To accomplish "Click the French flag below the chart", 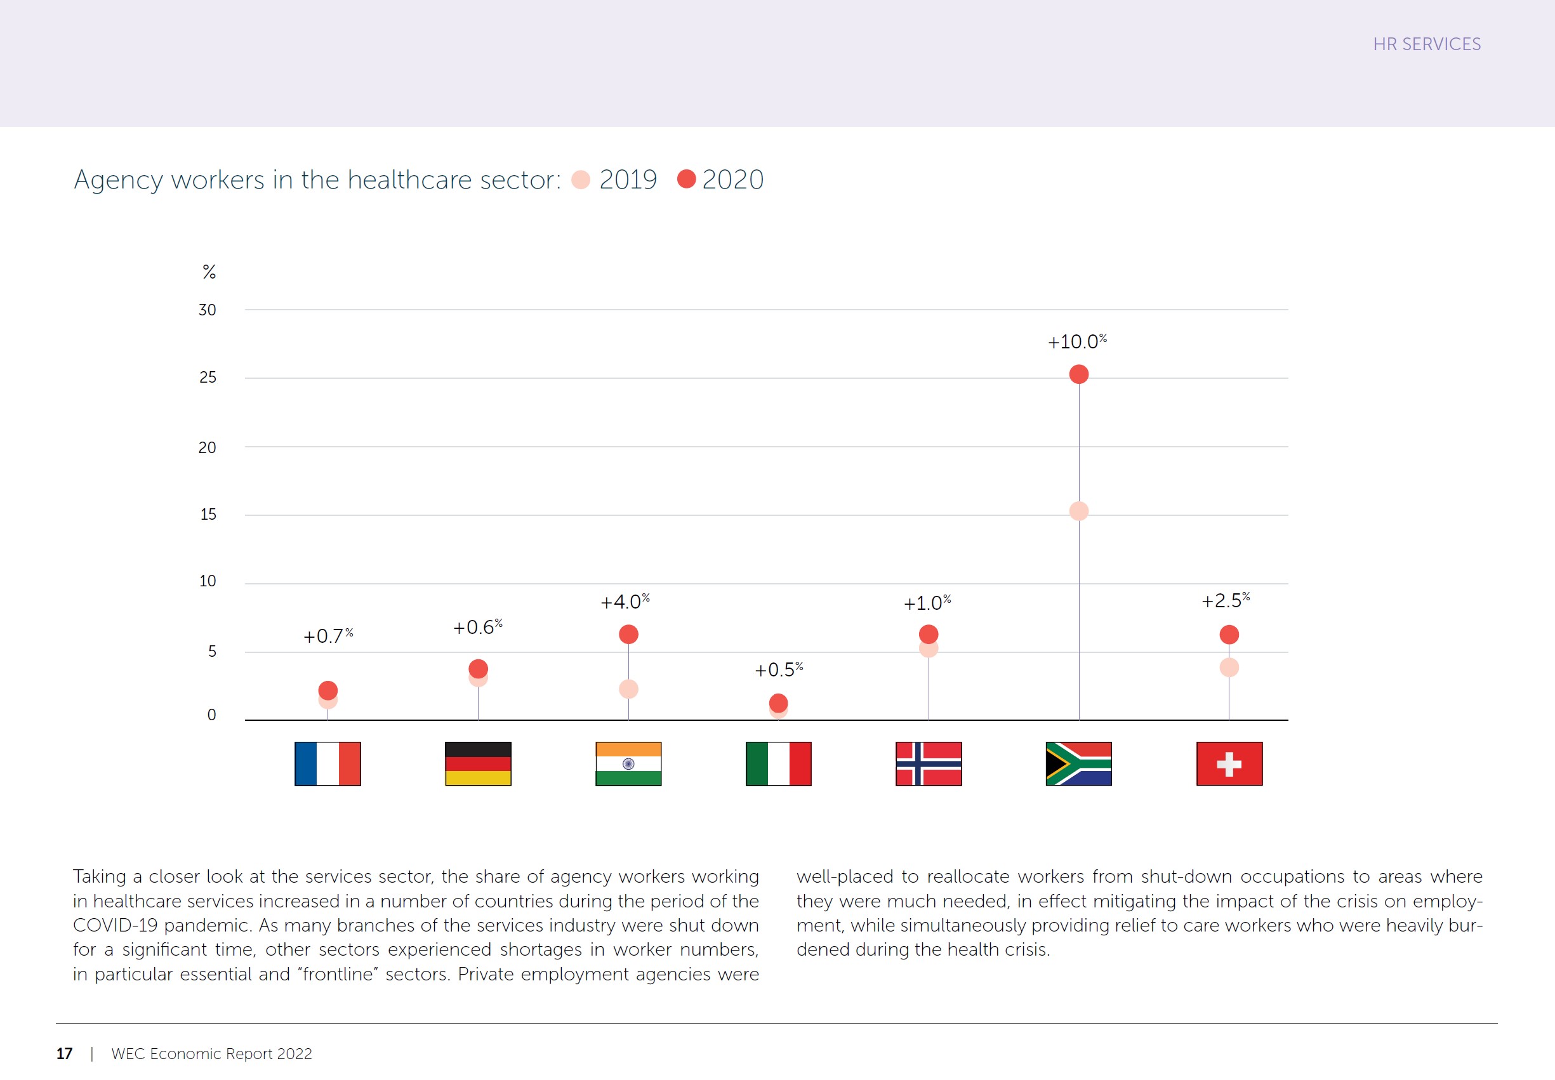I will (x=328, y=763).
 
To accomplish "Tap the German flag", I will (x=478, y=763).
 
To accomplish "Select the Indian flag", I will (x=628, y=763).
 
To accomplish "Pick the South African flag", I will (x=1078, y=763).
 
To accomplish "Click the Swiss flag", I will (x=1229, y=763).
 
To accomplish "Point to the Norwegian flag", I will (x=929, y=763).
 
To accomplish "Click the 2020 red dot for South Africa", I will (x=1078, y=374).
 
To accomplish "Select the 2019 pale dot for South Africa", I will (x=1078, y=511).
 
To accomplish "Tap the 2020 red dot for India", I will (x=628, y=634).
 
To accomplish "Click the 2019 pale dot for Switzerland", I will (x=1229, y=667).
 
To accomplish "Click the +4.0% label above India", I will (x=625, y=602).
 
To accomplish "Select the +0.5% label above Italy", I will (x=778, y=669).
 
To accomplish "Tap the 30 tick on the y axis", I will (x=207, y=310).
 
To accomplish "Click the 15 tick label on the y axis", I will (x=208, y=514).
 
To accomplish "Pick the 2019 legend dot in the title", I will (x=581, y=180).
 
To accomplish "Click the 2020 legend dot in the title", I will (x=686, y=179).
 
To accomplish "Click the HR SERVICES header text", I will (x=1426, y=44).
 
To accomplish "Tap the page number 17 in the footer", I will (x=64, y=1053).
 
